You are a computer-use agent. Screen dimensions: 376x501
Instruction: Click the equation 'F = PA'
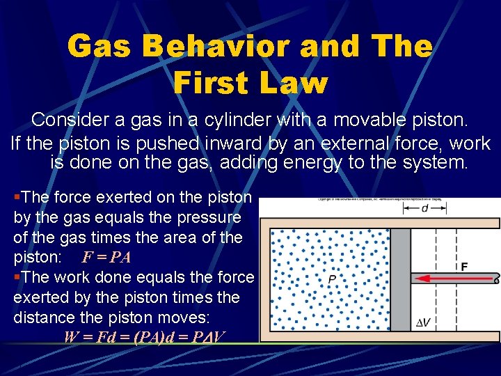coord(106,257)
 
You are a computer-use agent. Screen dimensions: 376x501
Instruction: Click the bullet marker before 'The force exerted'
coord(17,198)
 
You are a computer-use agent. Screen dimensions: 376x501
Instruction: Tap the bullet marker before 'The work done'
coord(17,277)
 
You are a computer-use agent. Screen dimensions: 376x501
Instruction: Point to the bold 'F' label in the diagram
coord(463,267)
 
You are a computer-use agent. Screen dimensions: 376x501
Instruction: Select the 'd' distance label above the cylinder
coord(424,207)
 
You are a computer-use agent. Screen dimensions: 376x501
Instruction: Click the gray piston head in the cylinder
coord(399,279)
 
